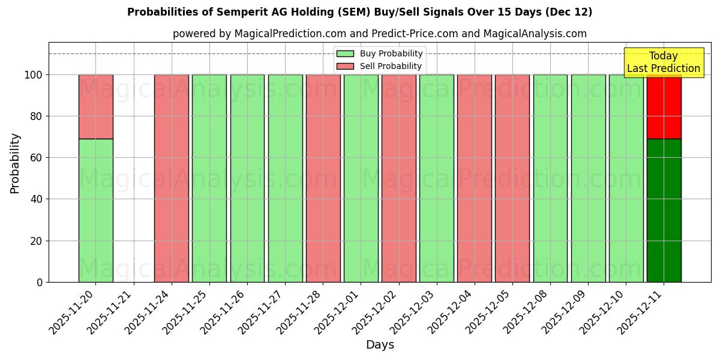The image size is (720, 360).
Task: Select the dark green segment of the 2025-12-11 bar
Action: pyautogui.click(x=664, y=210)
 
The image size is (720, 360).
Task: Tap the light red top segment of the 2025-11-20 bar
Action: pyautogui.click(x=95, y=107)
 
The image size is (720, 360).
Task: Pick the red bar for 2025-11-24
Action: pyautogui.click(x=172, y=178)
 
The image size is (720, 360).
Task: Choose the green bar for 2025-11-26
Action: pyautogui.click(x=247, y=178)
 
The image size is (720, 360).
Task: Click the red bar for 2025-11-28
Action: pyautogui.click(x=323, y=178)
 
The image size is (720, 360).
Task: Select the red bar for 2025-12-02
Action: pyautogui.click(x=399, y=178)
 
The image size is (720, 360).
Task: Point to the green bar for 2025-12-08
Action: pyautogui.click(x=550, y=178)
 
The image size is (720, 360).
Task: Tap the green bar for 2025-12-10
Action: pyautogui.click(x=626, y=178)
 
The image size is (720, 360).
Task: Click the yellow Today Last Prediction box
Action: pyautogui.click(x=663, y=62)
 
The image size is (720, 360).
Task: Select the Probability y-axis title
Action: pyautogui.click(x=15, y=163)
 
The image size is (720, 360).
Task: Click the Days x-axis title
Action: pyautogui.click(x=380, y=345)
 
